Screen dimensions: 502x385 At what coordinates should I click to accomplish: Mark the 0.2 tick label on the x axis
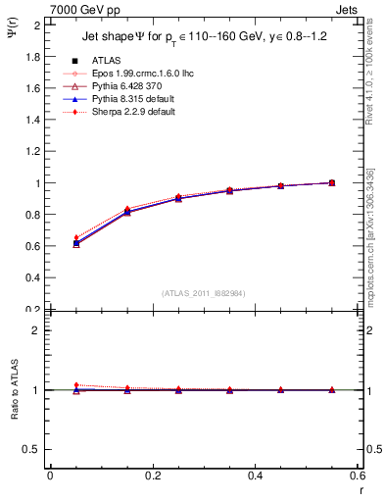pos(152,476)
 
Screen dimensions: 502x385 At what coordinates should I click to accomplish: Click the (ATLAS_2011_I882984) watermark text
pos(204,292)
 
